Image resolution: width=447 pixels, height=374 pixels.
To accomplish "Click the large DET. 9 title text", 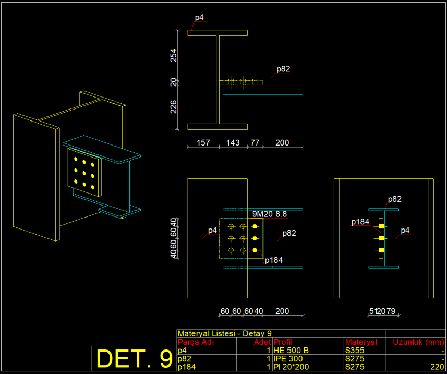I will click(135, 358).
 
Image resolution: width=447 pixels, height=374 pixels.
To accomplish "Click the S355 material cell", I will click(355, 351).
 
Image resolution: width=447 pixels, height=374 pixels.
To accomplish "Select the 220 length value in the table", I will click(437, 367).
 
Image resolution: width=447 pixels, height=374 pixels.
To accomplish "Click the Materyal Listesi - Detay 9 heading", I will click(225, 334).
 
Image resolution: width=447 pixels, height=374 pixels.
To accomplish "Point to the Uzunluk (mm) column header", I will click(418, 342).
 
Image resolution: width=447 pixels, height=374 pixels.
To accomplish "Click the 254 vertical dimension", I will click(174, 55).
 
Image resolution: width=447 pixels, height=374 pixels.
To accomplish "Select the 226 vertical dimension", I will click(174, 107).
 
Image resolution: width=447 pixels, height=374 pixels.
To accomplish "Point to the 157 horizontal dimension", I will click(203, 142).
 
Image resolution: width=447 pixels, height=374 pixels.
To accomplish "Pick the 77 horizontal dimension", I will click(254, 142).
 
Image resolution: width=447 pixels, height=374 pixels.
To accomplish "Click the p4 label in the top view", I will click(199, 18).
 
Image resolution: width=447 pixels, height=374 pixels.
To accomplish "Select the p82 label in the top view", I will click(283, 68).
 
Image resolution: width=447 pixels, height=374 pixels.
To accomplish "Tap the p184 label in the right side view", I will click(360, 222).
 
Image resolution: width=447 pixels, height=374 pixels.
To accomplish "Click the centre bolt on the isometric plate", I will click(84, 171).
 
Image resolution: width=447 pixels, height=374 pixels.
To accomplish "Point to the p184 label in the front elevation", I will click(274, 260).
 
